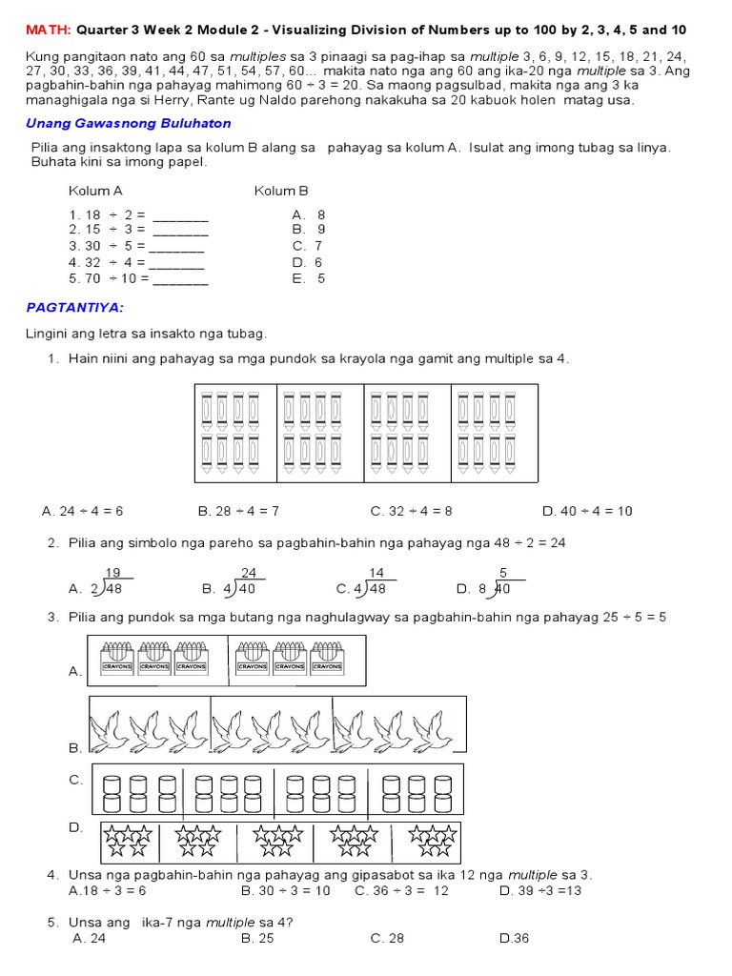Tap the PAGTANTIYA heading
[74, 308]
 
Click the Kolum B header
[281, 191]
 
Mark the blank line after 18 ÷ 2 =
[180, 216]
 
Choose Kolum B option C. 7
[308, 246]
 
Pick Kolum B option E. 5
[309, 278]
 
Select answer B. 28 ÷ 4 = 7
[238, 511]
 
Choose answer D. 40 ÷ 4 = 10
[587, 511]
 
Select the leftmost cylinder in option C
[111, 790]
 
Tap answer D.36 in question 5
[514, 938]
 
